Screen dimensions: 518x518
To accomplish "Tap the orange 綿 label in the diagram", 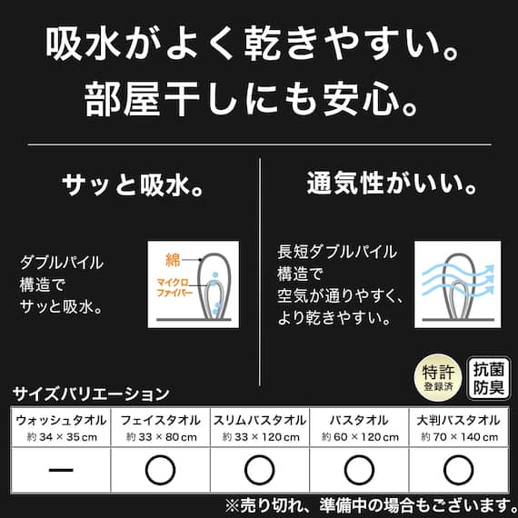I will pyautogui.click(x=172, y=258).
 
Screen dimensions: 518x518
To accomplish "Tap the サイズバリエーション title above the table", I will pyautogui.click(x=91, y=394).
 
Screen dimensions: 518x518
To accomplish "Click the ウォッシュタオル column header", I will pyautogui.click(x=60, y=420).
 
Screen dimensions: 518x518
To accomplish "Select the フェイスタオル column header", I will pyautogui.click(x=160, y=420).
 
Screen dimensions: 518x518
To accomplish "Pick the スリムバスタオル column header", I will pyautogui.click(x=260, y=420).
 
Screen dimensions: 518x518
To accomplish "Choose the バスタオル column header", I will pyautogui.click(x=360, y=420).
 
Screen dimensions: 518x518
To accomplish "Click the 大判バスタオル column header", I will pyautogui.click(x=458, y=420).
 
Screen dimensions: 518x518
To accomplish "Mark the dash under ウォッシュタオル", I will pyautogui.click(x=60, y=470).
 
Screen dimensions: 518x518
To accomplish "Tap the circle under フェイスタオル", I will pyautogui.click(x=160, y=470).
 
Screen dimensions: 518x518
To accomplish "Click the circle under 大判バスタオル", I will pyautogui.click(x=458, y=470).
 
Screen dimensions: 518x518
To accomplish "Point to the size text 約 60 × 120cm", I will pyautogui.click(x=360, y=437).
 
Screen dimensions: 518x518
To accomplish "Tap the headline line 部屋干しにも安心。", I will pyautogui.click(x=259, y=98).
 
